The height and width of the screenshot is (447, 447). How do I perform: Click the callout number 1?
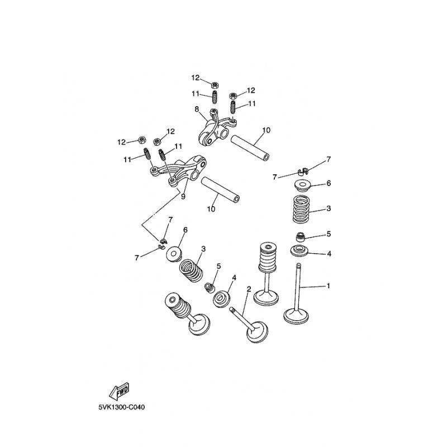pyautogui.click(x=329, y=286)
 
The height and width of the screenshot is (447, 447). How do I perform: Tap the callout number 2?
pyautogui.click(x=249, y=289)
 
